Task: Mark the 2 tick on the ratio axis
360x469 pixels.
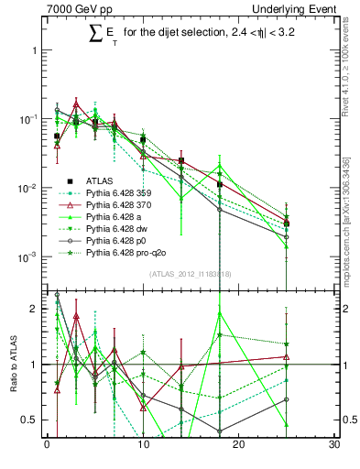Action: (x=35, y=309)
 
